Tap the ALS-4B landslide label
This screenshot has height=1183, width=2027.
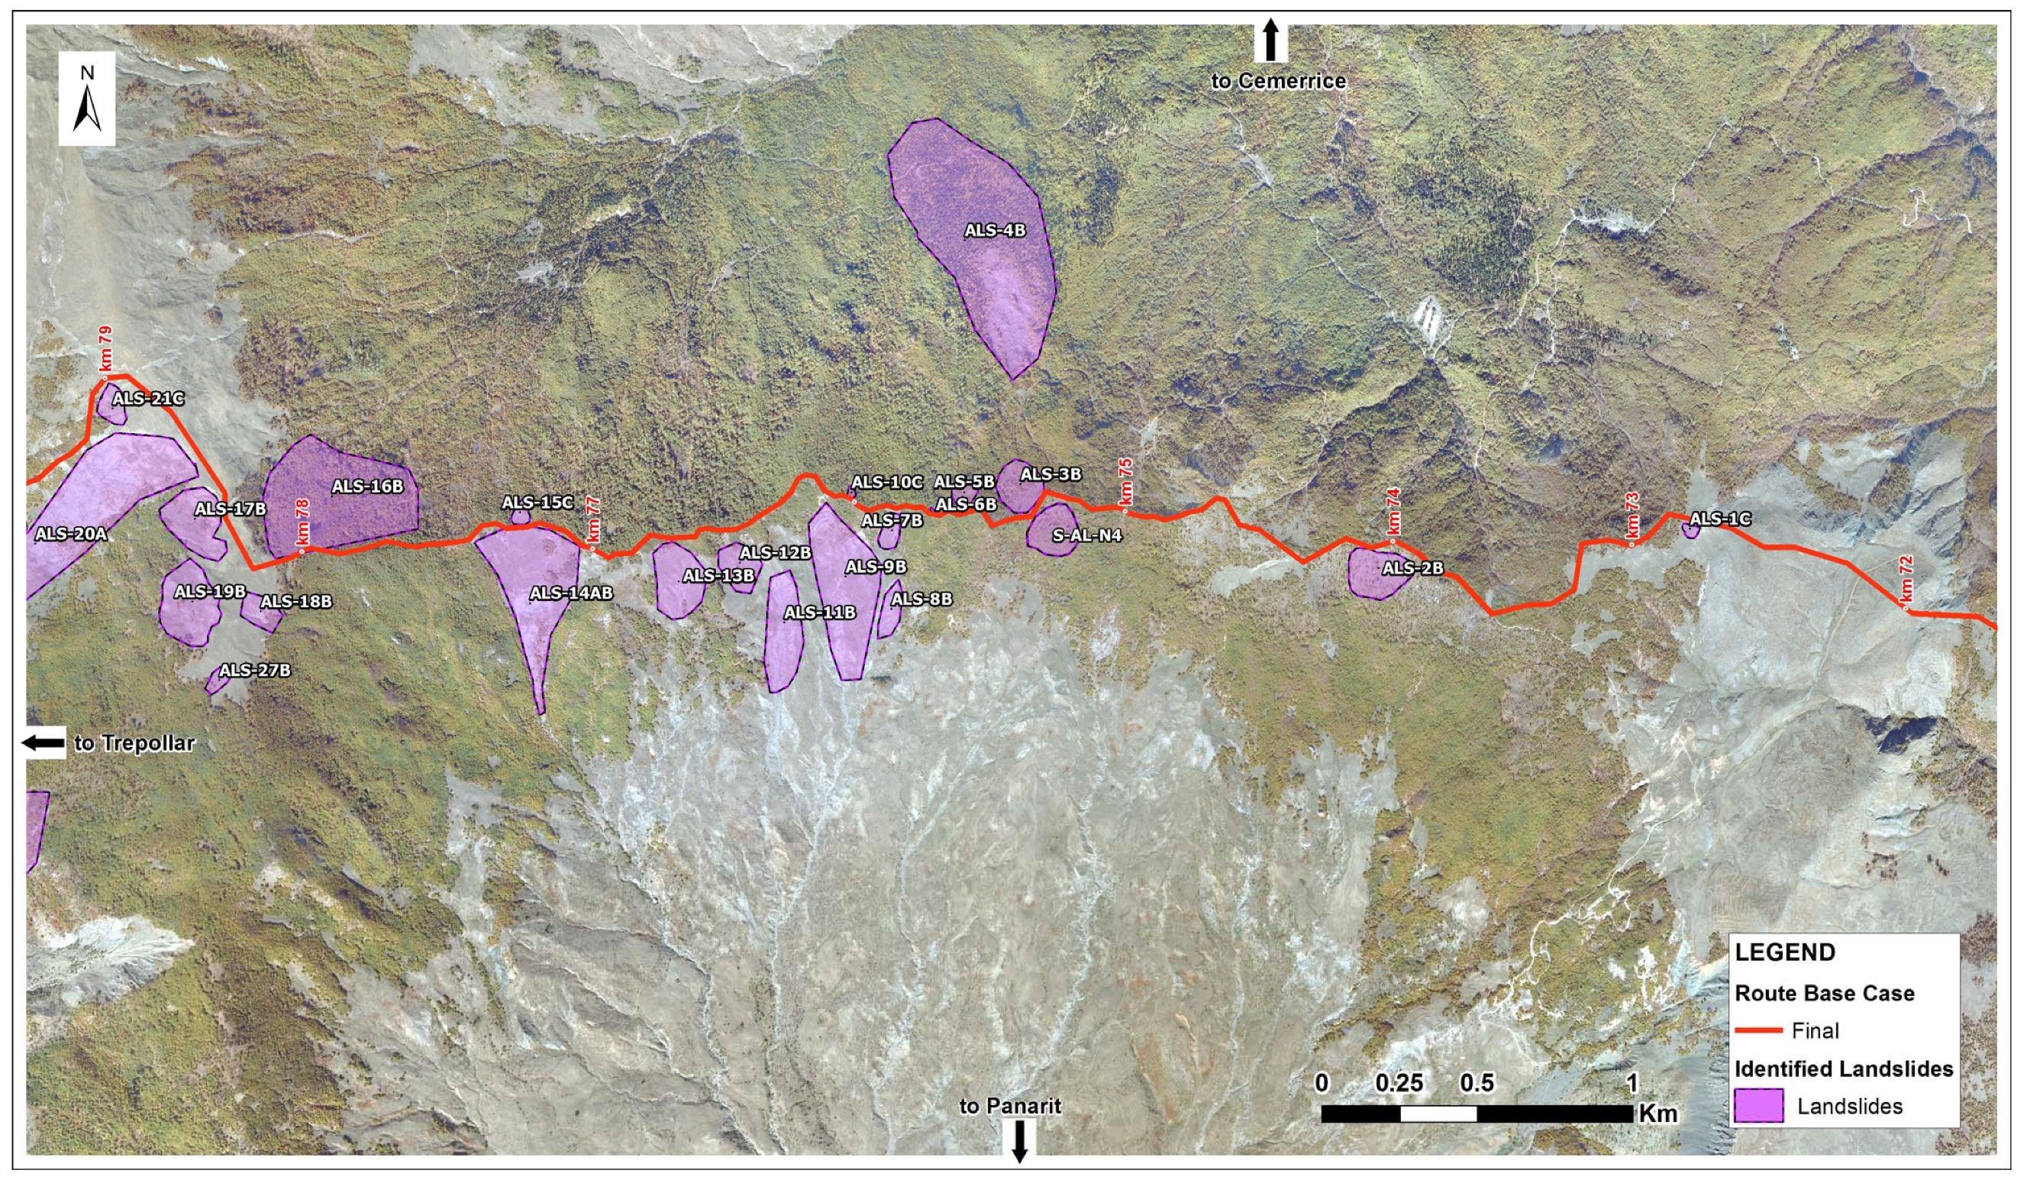point(995,231)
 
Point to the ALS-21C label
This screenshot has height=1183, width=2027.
point(148,399)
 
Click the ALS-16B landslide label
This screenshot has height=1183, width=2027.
point(367,486)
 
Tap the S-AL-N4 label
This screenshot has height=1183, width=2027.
point(1086,535)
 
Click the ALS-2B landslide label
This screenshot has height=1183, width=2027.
point(1412,568)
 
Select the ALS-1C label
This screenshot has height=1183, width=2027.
point(1720,519)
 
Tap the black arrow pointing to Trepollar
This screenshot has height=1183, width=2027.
point(44,743)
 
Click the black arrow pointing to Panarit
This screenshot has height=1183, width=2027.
point(1019,1142)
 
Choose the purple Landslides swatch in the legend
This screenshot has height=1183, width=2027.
point(1758,1107)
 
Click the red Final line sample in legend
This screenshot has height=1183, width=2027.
point(1758,1030)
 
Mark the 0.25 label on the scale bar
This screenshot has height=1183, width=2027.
point(1399,1083)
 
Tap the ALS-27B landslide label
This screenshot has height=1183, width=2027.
point(255,671)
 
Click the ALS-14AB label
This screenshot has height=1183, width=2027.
point(571,594)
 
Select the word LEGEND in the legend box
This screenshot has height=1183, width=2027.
point(1785,953)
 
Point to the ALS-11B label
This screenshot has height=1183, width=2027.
point(820,613)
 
